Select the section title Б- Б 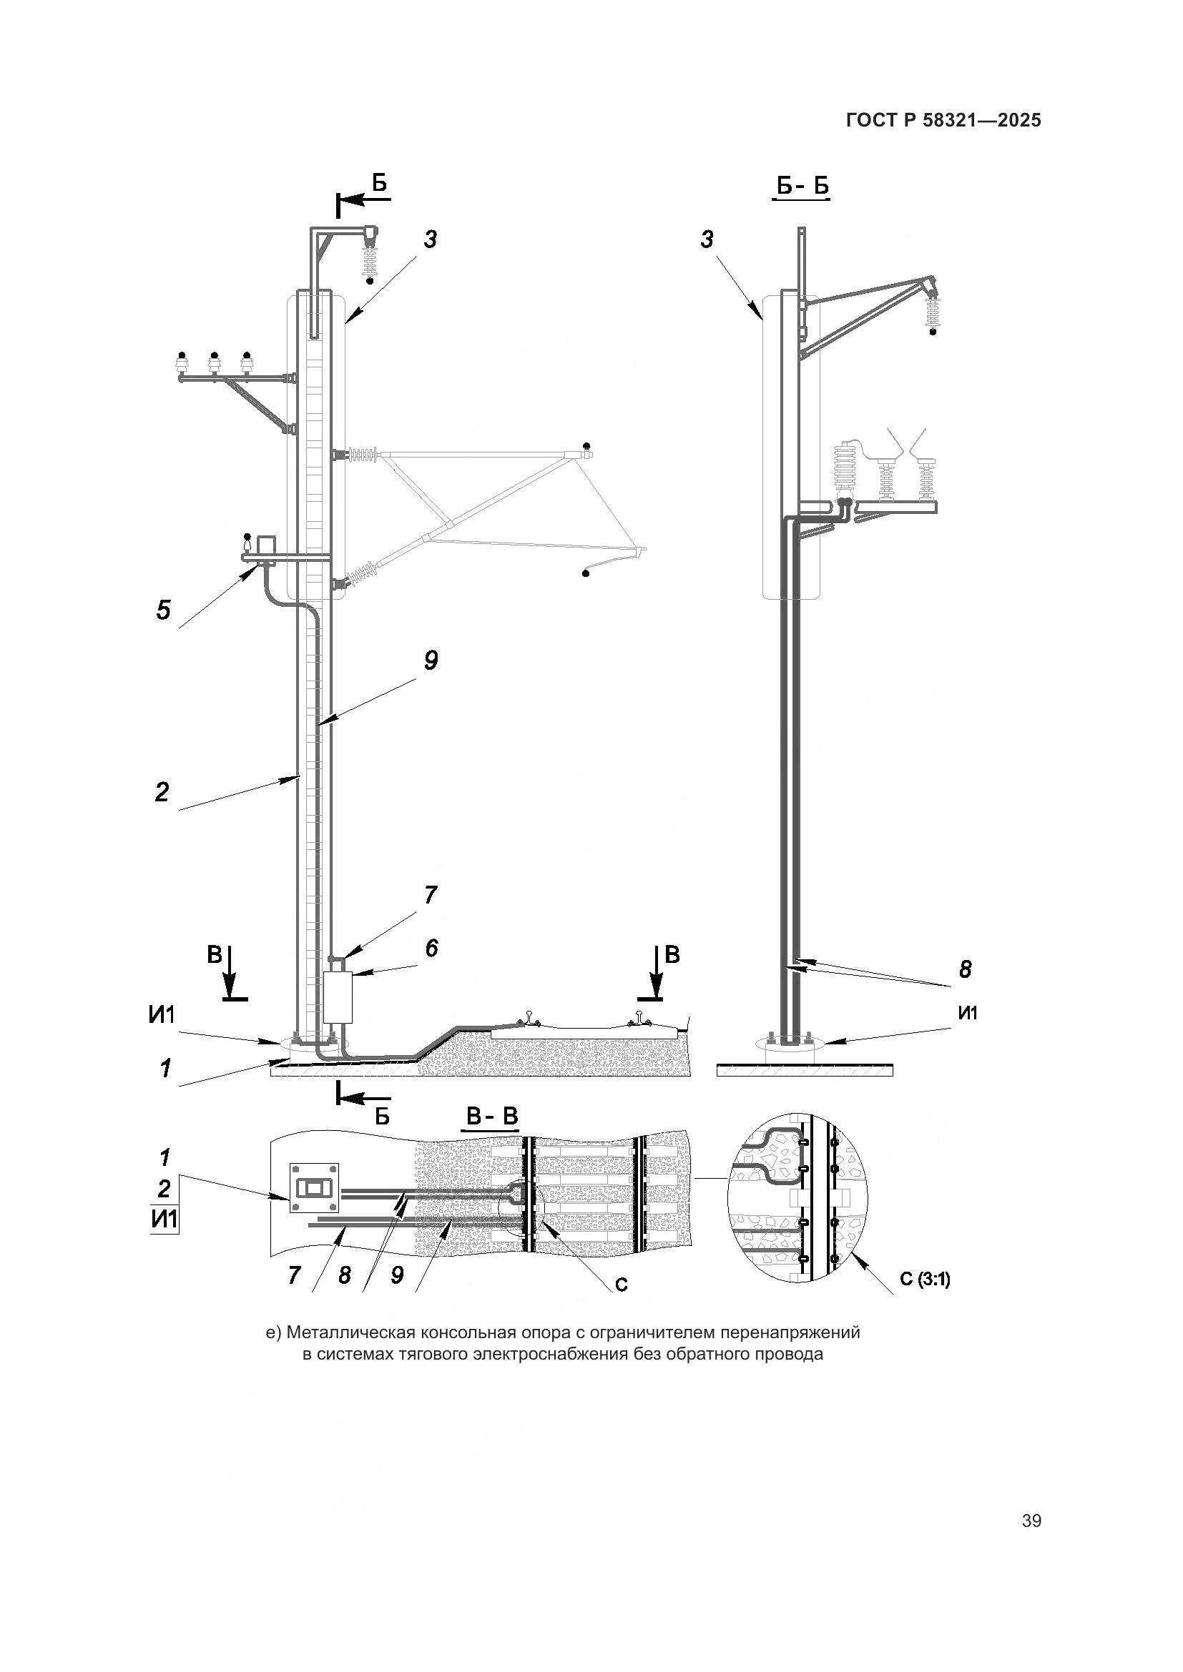coord(801,187)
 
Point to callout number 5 coord(163,610)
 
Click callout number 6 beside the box coord(431,948)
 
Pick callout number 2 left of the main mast coord(162,791)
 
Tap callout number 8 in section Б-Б coord(965,969)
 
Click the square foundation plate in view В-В coord(314,1188)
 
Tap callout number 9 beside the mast coord(431,661)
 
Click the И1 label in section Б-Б coord(968,1012)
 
